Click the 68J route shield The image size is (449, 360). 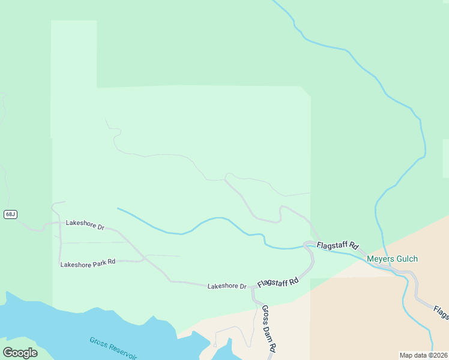pyautogui.click(x=10, y=214)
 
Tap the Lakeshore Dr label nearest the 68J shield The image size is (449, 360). pyautogui.click(x=85, y=224)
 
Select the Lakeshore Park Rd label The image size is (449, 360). pyautogui.click(x=88, y=263)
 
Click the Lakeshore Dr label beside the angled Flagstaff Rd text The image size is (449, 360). pyautogui.click(x=227, y=286)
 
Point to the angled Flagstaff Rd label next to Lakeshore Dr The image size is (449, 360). pyautogui.click(x=278, y=281)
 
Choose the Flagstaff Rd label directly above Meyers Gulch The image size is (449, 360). pyautogui.click(x=337, y=245)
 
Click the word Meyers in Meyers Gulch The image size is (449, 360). pyautogui.click(x=380, y=259)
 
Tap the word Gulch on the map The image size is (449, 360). pyautogui.click(x=406, y=259)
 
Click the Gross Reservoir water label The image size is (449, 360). pyautogui.click(x=114, y=349)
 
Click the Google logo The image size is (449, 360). pyautogui.click(x=20, y=352)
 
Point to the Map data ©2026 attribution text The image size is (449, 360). pyautogui.click(x=423, y=355)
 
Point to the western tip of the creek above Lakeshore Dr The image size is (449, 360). pyautogui.click(x=118, y=208)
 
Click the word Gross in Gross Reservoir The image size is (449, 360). pyautogui.click(x=99, y=343)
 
